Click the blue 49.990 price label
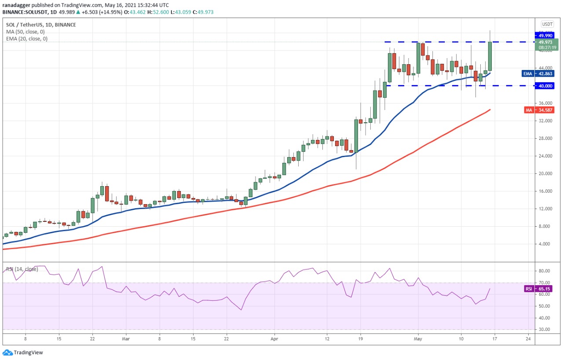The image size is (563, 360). (x=544, y=35)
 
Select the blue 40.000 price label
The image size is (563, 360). (x=544, y=86)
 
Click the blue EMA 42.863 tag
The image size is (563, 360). (x=538, y=73)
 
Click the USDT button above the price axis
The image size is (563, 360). (x=547, y=24)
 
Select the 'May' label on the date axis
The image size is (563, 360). (x=418, y=339)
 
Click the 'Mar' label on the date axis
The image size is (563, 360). (x=126, y=339)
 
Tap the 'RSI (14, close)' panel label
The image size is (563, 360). (x=22, y=269)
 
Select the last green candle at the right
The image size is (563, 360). (x=490, y=56)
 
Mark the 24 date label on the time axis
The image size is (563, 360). (x=527, y=339)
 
